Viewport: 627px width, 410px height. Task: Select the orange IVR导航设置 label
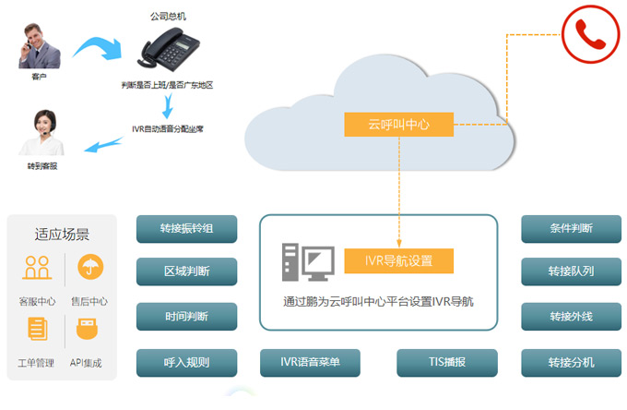click(399, 260)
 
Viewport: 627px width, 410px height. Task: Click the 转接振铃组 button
click(186, 229)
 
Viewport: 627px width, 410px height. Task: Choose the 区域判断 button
click(186, 271)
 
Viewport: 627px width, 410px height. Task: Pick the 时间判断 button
click(186, 317)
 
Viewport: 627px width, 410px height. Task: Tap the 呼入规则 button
click(186, 362)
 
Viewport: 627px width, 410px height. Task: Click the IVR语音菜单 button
click(309, 362)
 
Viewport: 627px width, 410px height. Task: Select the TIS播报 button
click(447, 362)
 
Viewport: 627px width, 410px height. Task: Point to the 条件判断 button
click(571, 229)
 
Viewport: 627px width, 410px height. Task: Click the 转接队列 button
click(571, 271)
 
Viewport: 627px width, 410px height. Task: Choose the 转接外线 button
click(571, 317)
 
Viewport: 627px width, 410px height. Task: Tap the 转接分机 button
click(571, 362)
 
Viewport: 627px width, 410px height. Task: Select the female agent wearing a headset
click(41, 135)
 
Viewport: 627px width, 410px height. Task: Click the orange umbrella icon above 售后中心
click(89, 268)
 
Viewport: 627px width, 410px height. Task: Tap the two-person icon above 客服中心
click(37, 268)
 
